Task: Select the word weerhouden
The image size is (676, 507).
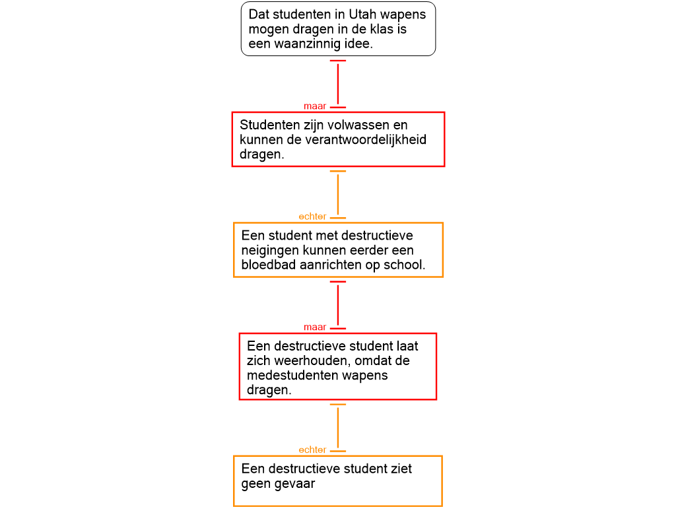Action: point(298,360)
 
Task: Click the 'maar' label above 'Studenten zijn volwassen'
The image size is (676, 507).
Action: point(315,106)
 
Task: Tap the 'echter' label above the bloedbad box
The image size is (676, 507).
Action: point(312,217)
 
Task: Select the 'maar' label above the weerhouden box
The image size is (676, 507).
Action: point(315,327)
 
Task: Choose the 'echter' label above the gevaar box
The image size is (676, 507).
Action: point(312,450)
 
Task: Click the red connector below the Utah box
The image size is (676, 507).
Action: point(338,83)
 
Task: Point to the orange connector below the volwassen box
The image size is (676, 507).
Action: point(338,194)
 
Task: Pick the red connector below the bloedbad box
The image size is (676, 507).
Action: point(338,304)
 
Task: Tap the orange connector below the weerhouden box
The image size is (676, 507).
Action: point(338,427)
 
